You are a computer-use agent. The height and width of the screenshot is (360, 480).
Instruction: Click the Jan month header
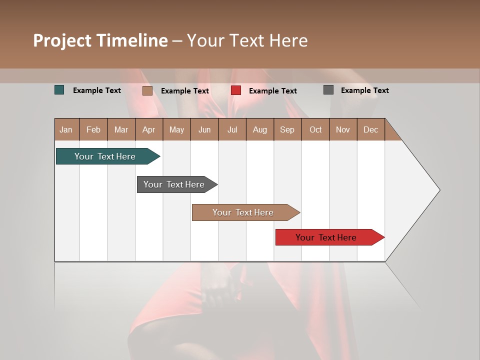click(x=66, y=129)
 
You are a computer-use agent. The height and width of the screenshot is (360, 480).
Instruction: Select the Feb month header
click(x=93, y=129)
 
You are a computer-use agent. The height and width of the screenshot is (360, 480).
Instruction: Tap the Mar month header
click(x=121, y=129)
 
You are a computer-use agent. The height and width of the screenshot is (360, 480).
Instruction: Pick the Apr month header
click(x=149, y=129)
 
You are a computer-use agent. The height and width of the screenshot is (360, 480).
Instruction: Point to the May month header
click(x=176, y=129)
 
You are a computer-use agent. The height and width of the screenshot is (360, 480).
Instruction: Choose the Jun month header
click(x=204, y=129)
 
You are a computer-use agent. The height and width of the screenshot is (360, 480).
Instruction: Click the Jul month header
click(x=232, y=129)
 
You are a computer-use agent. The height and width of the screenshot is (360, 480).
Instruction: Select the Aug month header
click(x=260, y=129)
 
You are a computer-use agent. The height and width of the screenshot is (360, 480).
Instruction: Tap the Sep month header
click(x=287, y=129)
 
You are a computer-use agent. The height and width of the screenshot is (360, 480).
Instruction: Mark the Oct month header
click(x=315, y=129)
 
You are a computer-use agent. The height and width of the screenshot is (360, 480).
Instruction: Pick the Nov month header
click(x=343, y=129)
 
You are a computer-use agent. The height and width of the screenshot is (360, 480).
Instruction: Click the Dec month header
click(x=371, y=129)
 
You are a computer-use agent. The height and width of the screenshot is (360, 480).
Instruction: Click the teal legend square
click(x=59, y=90)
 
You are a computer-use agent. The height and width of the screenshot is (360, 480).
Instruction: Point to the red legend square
click(x=236, y=90)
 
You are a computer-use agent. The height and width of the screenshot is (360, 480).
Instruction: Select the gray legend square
click(x=328, y=90)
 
